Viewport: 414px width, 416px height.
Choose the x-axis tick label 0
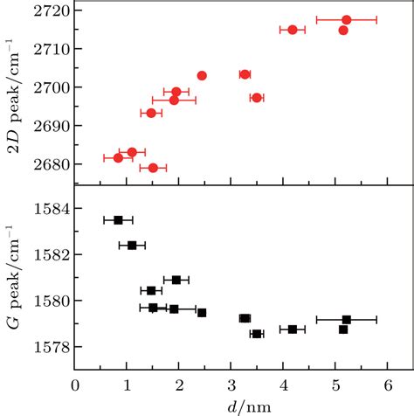(x=76, y=385)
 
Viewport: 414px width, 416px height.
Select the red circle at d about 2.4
(x=202, y=75)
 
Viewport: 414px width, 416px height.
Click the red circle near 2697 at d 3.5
(x=257, y=98)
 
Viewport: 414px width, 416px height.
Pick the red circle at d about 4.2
(x=293, y=30)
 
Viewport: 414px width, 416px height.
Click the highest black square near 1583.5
(x=118, y=220)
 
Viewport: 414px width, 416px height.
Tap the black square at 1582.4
(x=132, y=246)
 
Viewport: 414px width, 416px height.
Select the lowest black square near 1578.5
(x=257, y=334)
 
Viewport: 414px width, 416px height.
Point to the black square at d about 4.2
(x=293, y=329)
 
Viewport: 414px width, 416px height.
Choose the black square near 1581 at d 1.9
(x=176, y=280)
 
